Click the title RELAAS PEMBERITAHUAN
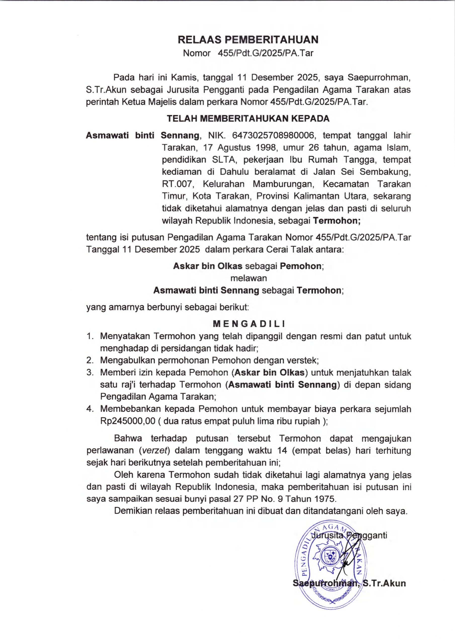click(x=248, y=40)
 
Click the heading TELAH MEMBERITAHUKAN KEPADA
click(x=248, y=119)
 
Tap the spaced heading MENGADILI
click(x=249, y=324)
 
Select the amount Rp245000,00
click(x=128, y=421)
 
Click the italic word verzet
click(x=155, y=451)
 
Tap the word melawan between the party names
click(x=249, y=278)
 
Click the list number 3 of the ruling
click(x=90, y=373)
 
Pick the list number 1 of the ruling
click(x=90, y=336)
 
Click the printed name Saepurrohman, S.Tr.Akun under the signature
click(x=349, y=583)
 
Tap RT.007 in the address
click(x=178, y=184)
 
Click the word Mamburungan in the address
click(x=282, y=184)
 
